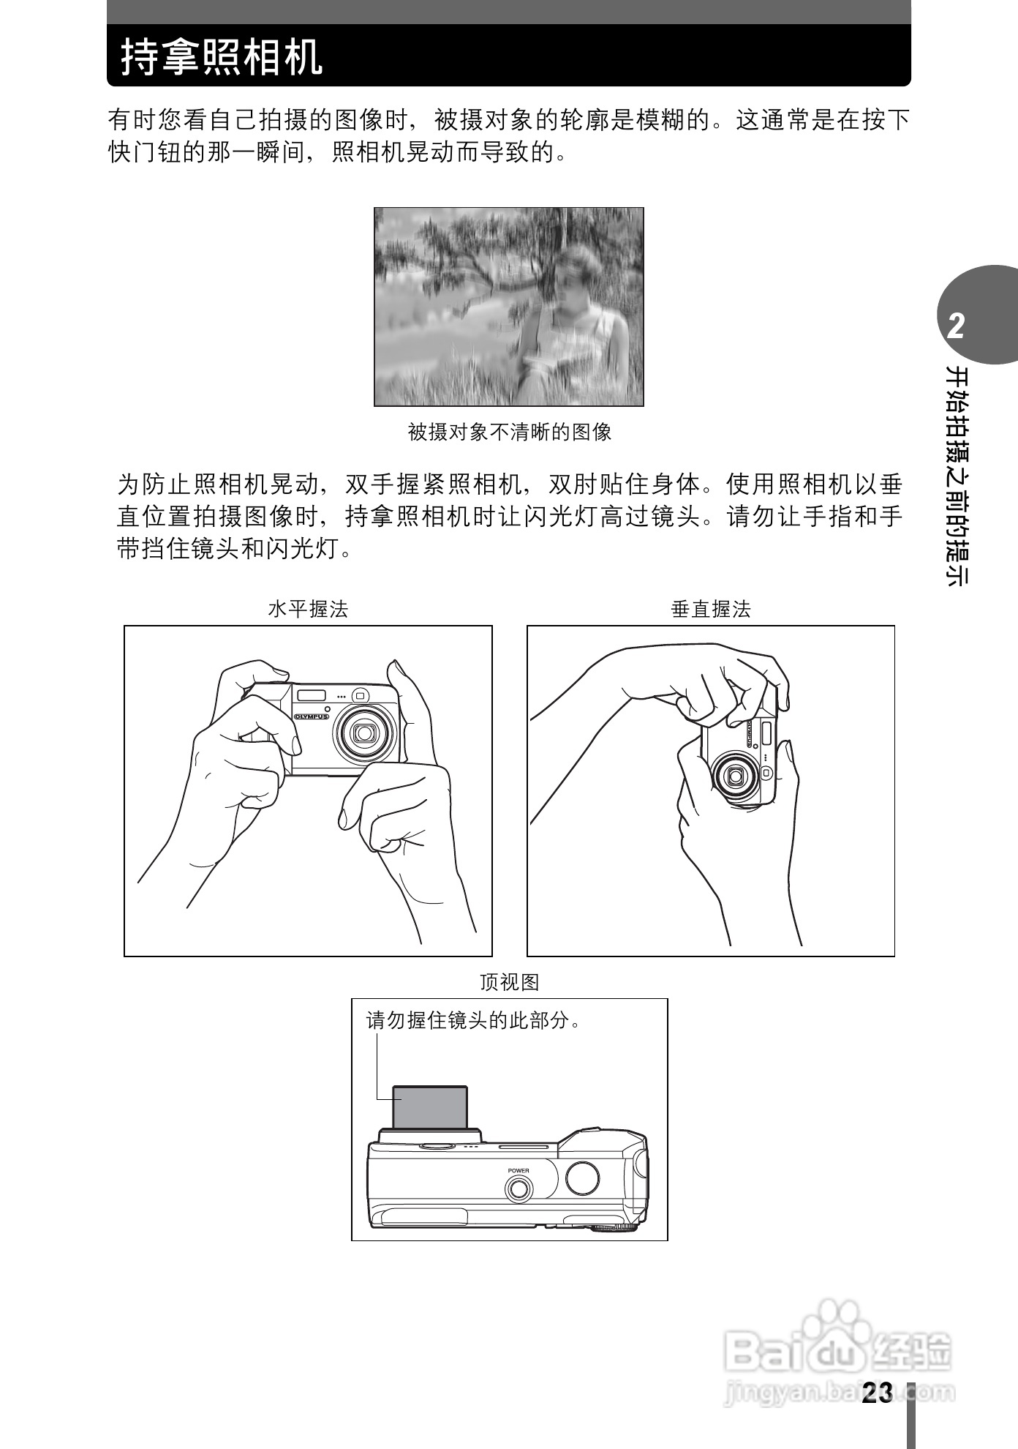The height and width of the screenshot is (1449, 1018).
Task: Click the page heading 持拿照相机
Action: click(222, 57)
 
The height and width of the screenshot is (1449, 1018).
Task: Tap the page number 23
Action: click(877, 1393)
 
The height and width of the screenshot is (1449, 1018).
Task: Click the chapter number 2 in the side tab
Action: click(955, 326)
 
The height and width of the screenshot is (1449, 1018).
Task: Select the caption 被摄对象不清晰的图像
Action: click(509, 432)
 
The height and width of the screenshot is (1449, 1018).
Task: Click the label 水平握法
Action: click(308, 609)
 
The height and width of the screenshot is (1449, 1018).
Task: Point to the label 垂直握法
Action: click(711, 609)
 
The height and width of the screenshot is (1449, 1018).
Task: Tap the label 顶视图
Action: click(509, 982)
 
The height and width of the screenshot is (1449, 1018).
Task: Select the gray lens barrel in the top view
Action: click(430, 1107)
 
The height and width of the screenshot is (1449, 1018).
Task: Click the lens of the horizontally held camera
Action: click(363, 732)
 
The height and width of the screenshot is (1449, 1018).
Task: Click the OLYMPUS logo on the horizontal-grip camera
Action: click(312, 716)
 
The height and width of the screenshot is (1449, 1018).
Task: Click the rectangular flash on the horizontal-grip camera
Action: click(311, 694)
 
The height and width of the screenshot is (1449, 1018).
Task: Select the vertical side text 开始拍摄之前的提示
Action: click(956, 476)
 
